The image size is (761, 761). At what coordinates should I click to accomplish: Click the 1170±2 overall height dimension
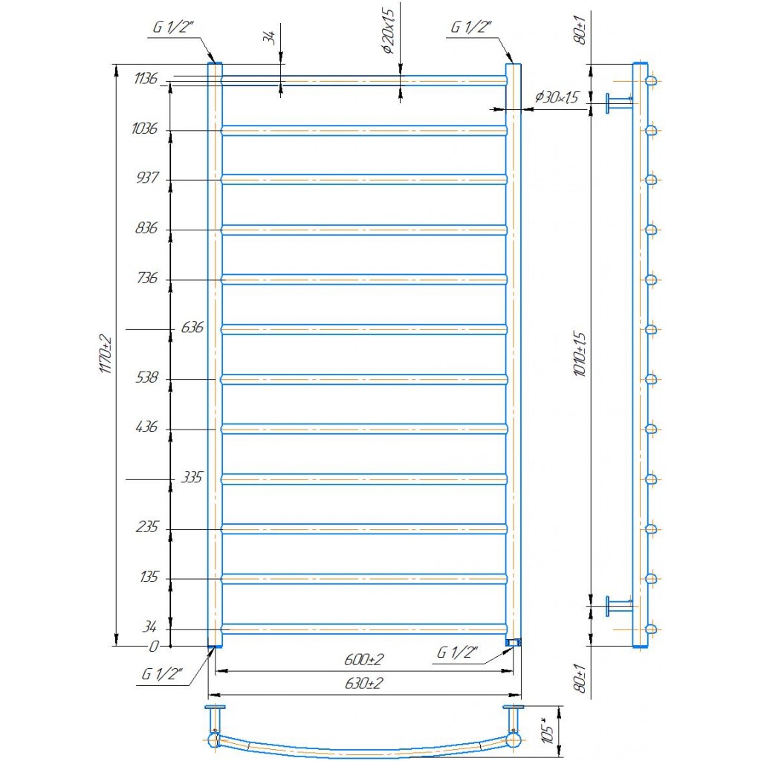pyautogui.click(x=106, y=354)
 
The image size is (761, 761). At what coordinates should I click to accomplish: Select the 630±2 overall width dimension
pyautogui.click(x=364, y=684)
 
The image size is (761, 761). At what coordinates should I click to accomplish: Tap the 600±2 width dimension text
pyautogui.click(x=364, y=660)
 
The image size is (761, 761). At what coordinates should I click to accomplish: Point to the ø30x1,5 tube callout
pyautogui.click(x=557, y=97)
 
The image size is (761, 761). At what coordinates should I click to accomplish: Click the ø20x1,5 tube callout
pyautogui.click(x=388, y=30)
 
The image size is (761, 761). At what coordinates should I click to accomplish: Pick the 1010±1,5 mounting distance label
pyautogui.click(x=580, y=354)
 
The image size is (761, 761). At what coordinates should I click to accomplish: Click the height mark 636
pyautogui.click(x=192, y=328)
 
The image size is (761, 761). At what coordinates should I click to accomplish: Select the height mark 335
pyautogui.click(x=192, y=478)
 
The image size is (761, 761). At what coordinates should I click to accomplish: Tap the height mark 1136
pyautogui.click(x=146, y=78)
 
